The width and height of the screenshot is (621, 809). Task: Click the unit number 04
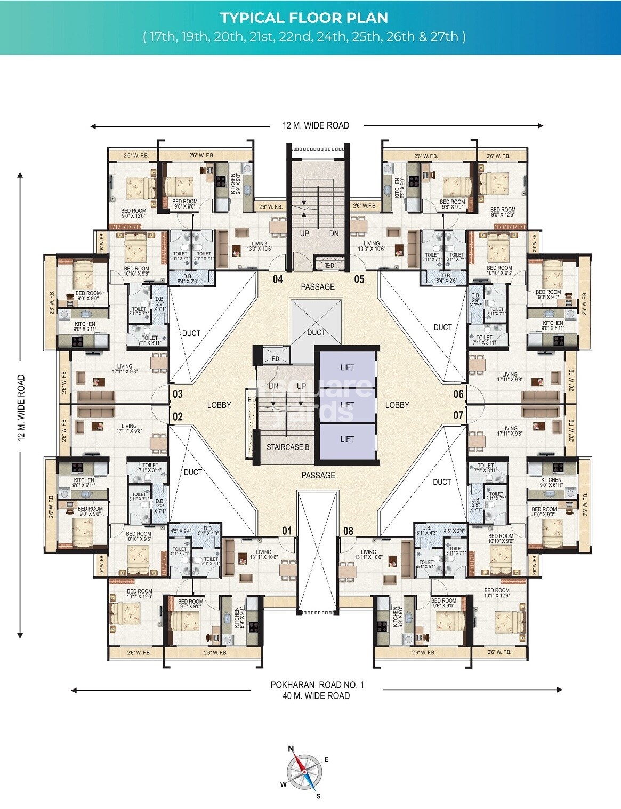tap(278, 279)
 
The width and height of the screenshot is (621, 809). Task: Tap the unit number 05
tap(359, 279)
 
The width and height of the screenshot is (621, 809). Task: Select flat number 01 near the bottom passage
tap(287, 531)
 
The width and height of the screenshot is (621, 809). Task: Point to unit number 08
tap(348, 531)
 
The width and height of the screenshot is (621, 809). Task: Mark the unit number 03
tap(178, 394)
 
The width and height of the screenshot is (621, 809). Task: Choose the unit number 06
tap(458, 394)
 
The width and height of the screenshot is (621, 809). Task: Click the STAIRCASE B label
tap(288, 447)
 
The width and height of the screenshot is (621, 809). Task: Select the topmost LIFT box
tap(347, 367)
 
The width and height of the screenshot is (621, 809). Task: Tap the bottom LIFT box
tap(347, 439)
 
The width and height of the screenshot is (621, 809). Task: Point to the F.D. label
tap(276, 358)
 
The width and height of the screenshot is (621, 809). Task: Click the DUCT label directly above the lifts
tap(316, 332)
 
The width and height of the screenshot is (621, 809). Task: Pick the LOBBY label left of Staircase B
tap(219, 405)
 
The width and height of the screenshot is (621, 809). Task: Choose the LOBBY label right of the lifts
tap(397, 405)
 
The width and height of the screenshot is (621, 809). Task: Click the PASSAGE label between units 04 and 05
tap(318, 287)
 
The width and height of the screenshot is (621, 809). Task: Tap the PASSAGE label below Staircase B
tap(318, 475)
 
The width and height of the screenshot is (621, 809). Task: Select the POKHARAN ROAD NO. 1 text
tap(317, 685)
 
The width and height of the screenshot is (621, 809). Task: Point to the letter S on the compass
tap(318, 797)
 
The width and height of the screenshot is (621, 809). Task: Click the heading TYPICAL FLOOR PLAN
tap(304, 18)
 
